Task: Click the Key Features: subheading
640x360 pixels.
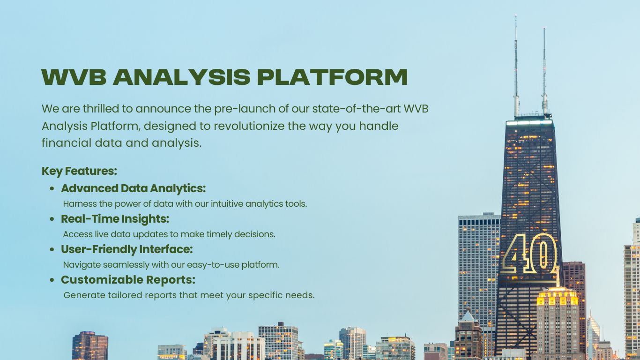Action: (x=80, y=171)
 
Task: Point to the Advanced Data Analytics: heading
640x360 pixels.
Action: (x=134, y=188)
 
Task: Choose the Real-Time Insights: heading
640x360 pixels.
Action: (x=115, y=219)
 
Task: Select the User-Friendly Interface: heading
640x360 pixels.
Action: (x=127, y=249)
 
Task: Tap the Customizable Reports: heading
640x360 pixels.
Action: (x=128, y=280)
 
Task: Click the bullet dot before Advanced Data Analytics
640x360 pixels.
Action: (x=52, y=189)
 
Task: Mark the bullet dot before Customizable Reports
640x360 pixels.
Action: (x=52, y=280)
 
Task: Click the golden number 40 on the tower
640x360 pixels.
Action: (x=529, y=253)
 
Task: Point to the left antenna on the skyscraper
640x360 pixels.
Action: (x=516, y=66)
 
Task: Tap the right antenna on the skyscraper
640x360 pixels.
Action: (x=544, y=72)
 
